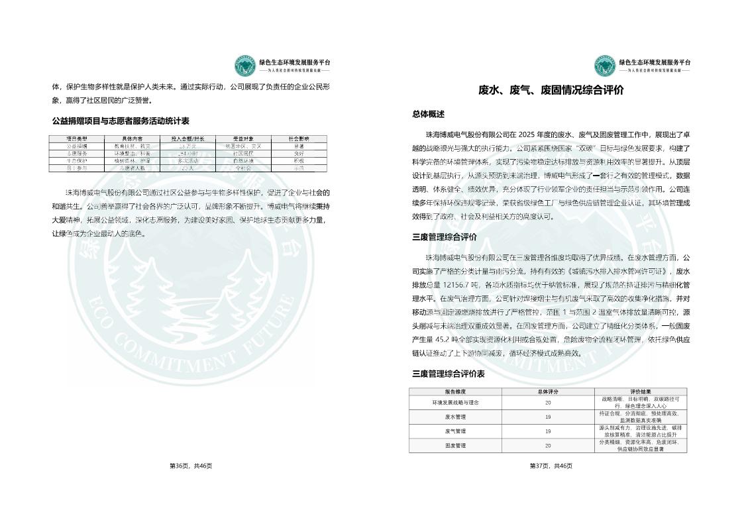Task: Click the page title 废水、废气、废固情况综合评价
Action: pos(551,91)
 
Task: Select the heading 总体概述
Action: pos(429,114)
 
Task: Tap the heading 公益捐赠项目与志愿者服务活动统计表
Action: pos(121,121)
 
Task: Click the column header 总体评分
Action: pos(548,392)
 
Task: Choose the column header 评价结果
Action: pos(640,392)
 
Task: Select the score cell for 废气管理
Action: pos(548,431)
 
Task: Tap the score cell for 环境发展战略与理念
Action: pos(548,402)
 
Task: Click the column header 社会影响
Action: pos(299,138)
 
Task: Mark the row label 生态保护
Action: pos(77,160)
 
